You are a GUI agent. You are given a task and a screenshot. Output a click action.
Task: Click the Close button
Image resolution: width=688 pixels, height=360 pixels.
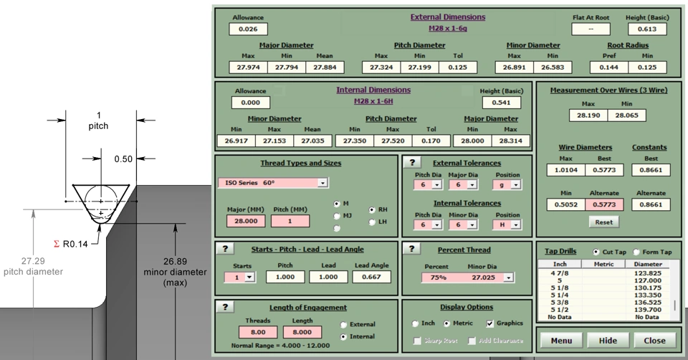click(x=654, y=341)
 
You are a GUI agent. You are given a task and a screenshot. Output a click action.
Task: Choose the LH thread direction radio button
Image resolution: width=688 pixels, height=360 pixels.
click(x=372, y=222)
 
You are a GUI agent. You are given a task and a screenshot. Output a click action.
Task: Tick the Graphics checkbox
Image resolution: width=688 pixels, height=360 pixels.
click(x=489, y=323)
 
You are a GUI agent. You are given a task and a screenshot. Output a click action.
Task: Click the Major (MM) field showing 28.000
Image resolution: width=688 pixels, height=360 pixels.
click(x=245, y=221)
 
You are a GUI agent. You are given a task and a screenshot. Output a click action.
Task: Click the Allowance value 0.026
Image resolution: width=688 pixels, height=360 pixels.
click(x=248, y=29)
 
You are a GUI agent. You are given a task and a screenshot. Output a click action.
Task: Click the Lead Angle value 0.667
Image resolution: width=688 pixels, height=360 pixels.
click(x=371, y=277)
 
